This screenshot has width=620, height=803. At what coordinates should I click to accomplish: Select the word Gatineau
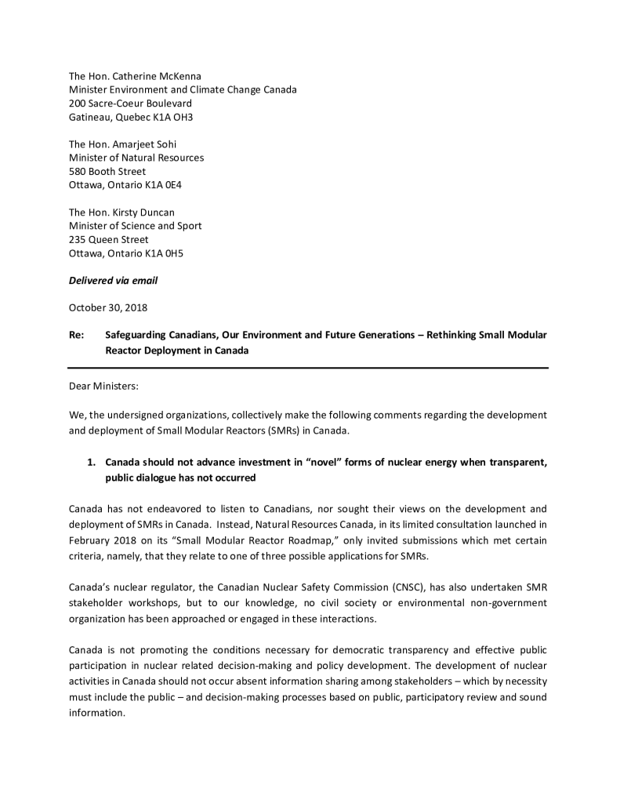(x=89, y=117)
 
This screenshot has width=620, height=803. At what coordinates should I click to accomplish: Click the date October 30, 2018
(x=108, y=307)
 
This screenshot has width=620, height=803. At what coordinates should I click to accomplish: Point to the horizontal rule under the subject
(x=308, y=368)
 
